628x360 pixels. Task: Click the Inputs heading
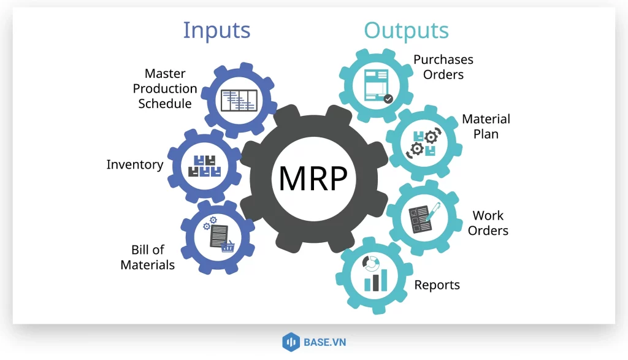[216, 30]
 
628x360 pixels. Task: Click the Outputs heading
[406, 31]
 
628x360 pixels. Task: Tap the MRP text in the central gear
[313, 178]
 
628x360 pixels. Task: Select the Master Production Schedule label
[166, 89]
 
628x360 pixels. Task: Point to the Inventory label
[135, 164]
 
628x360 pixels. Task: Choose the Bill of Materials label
[148, 258]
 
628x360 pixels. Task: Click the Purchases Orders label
[443, 67]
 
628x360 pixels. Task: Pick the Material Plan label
[486, 126]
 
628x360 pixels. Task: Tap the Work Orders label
[488, 223]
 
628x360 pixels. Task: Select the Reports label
[437, 285]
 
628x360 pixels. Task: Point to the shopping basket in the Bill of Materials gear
[228, 247]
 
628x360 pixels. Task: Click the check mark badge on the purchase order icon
[388, 98]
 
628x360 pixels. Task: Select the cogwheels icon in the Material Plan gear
[424, 142]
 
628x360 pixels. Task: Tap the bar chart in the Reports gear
[375, 280]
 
